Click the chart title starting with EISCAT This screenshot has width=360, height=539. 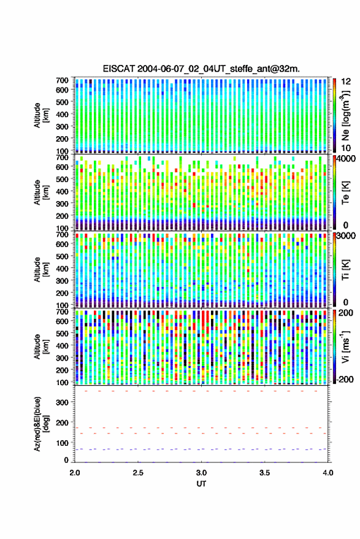click(201, 69)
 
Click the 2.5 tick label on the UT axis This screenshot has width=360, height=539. click(138, 473)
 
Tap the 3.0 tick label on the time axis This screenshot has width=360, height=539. click(202, 473)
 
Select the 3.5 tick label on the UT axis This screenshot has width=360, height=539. click(265, 473)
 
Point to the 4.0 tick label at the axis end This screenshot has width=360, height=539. click(328, 473)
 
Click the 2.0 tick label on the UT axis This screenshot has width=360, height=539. click(75, 473)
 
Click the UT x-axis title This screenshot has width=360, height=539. click(201, 484)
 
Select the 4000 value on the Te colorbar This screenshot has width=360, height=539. click(346, 159)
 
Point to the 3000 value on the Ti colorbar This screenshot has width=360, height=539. click(346, 236)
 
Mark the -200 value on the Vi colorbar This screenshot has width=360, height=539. click(345, 380)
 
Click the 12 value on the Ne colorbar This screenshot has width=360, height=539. click(346, 82)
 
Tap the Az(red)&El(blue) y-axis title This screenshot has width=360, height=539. click(41, 424)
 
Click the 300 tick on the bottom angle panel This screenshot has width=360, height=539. click(62, 402)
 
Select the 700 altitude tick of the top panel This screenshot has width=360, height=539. click(62, 80)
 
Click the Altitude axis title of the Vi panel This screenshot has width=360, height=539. click(41, 346)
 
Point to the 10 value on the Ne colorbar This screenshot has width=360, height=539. click(346, 148)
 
